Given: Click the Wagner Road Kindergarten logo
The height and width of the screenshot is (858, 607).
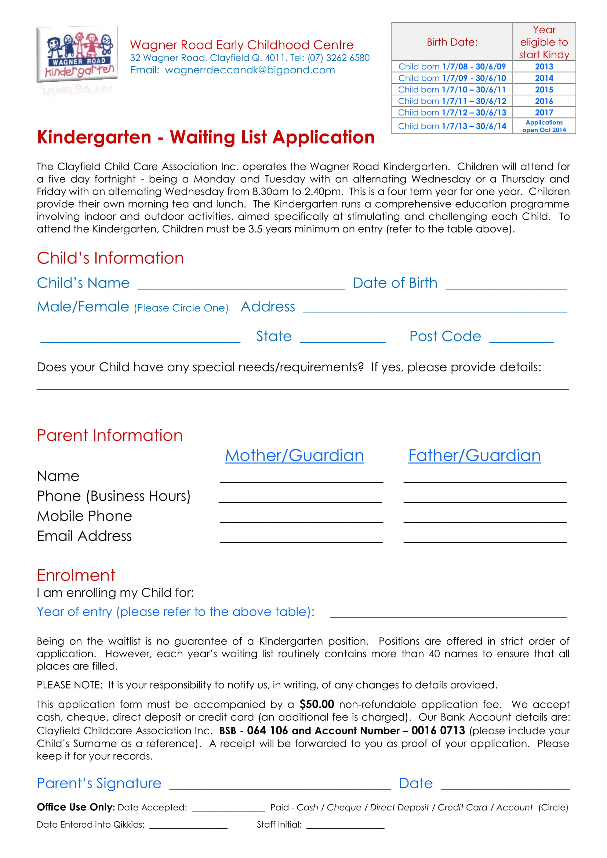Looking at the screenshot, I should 77,55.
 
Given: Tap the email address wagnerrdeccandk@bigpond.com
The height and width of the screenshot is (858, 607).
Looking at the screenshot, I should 250,70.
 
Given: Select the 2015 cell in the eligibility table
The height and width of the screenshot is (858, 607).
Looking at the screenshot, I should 544,90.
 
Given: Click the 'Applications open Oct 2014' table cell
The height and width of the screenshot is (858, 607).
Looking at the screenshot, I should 544,126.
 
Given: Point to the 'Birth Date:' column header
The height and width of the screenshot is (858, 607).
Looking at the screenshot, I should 452,42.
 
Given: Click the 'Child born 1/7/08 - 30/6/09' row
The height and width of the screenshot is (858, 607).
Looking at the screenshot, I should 452,66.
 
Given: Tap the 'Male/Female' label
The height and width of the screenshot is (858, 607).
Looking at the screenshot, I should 83,307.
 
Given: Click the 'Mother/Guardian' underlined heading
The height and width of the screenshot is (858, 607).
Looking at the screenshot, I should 294,455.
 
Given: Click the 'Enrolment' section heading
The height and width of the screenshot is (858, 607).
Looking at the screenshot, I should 76,575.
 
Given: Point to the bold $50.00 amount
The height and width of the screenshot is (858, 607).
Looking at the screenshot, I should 316,704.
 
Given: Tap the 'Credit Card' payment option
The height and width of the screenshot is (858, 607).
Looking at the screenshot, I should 462,807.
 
